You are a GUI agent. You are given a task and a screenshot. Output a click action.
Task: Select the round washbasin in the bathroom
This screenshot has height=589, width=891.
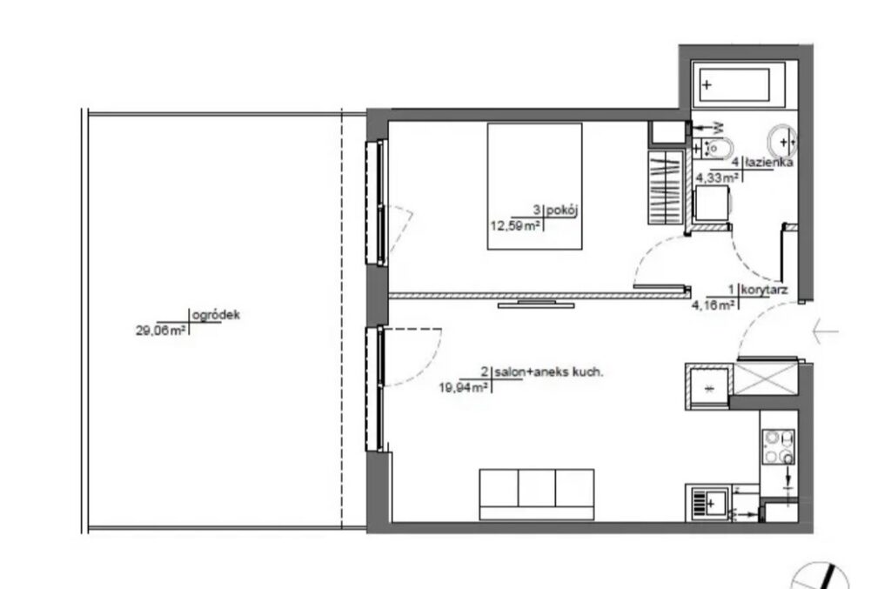point(782,141)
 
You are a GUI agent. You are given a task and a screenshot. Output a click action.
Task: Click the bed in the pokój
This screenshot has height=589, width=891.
point(535,185)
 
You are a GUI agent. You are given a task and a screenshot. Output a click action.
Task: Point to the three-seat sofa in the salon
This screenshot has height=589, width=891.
point(537,494)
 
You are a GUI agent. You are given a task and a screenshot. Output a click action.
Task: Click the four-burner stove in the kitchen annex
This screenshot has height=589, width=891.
point(779,446)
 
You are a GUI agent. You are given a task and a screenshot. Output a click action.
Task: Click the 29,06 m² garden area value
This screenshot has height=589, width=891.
point(161,331)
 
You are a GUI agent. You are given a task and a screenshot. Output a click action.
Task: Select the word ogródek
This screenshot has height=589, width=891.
point(217,315)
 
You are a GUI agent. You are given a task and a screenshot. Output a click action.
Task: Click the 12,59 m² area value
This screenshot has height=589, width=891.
point(515,226)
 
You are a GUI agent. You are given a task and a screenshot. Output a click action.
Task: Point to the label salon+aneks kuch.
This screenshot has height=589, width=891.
point(548,372)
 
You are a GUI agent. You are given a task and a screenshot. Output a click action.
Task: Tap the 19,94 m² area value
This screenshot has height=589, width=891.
point(464,388)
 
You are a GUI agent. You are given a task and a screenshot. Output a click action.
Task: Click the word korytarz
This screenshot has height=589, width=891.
point(765,291)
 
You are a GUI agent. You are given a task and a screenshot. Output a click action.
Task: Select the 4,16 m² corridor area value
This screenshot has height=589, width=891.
point(713,305)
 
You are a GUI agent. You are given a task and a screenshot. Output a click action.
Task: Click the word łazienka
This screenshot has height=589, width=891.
point(769,163)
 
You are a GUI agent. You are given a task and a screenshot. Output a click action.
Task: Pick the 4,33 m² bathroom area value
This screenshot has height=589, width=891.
point(718,177)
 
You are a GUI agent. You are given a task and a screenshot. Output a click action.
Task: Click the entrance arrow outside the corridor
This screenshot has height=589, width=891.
point(826,331)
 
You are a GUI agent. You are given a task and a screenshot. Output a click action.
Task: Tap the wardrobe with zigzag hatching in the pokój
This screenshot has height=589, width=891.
point(666,187)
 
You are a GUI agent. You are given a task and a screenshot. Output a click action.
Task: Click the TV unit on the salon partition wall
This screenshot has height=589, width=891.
point(536,305)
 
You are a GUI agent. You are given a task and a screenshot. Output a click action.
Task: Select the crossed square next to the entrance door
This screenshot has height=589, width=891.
point(767,378)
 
